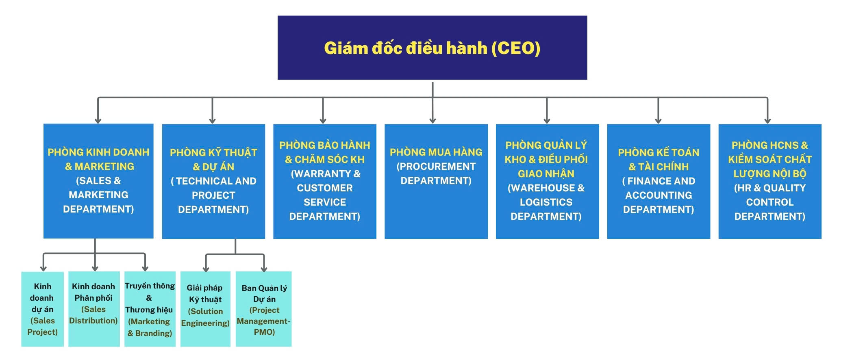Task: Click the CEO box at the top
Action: [x=432, y=48]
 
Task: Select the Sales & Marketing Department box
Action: [x=98, y=181]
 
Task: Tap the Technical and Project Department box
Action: [x=213, y=181]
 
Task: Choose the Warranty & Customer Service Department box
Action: [x=324, y=181]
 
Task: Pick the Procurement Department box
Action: [x=436, y=181]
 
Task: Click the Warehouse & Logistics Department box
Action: [x=547, y=181]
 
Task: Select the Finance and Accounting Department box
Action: [x=659, y=181]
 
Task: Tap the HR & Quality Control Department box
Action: [x=770, y=181]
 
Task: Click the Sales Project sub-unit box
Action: [x=42, y=309]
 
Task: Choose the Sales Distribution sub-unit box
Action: [x=94, y=309]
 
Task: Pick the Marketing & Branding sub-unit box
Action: [x=150, y=309]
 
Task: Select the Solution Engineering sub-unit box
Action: [x=205, y=309]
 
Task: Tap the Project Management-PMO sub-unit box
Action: [x=263, y=309]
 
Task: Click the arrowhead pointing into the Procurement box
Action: [x=432, y=120]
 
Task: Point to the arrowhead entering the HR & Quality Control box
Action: [x=767, y=120]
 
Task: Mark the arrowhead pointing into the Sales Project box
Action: [x=43, y=268]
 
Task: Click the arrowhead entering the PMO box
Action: [x=264, y=269]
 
